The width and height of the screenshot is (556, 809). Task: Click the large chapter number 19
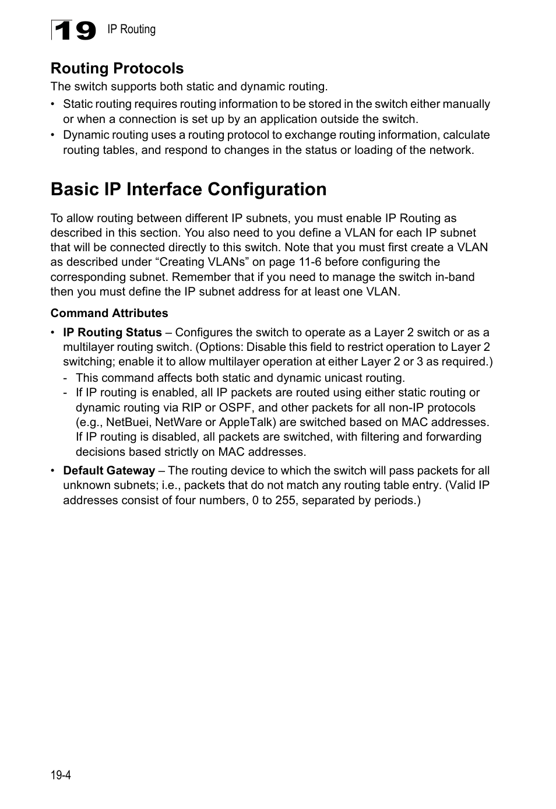pyautogui.click(x=74, y=30)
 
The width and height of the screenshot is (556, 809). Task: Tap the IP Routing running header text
pyautogui.click(x=131, y=29)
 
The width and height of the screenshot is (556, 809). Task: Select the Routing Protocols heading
pyautogui.click(x=117, y=68)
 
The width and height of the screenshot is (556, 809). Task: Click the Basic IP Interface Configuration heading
pyautogui.click(x=188, y=189)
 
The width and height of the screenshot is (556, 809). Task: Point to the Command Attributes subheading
pyautogui.click(x=109, y=313)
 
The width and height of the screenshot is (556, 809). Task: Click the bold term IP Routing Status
pyautogui.click(x=112, y=332)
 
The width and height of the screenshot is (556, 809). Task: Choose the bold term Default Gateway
pyautogui.click(x=109, y=470)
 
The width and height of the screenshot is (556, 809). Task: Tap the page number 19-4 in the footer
pyautogui.click(x=61, y=775)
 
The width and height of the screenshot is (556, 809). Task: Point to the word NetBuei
pyautogui.click(x=128, y=422)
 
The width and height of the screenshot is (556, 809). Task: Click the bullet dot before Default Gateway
pyautogui.click(x=54, y=471)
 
